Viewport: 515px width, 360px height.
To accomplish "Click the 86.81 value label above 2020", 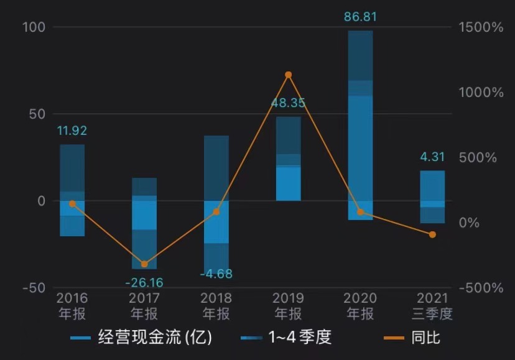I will (360, 17).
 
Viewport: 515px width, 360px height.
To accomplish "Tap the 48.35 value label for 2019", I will (288, 103).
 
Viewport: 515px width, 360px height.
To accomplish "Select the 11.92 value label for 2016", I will (72, 131).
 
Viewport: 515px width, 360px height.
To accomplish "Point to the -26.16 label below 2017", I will (144, 283).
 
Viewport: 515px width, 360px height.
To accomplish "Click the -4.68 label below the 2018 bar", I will (216, 274).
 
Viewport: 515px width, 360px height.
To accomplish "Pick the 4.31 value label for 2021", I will (432, 158).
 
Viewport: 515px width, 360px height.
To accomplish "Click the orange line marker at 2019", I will (288, 75).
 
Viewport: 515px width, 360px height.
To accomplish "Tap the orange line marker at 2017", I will (144, 264).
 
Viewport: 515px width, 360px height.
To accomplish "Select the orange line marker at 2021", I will (432, 234).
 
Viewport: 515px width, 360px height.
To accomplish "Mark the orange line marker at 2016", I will (72, 204).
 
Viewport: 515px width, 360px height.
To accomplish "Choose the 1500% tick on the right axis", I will (481, 27).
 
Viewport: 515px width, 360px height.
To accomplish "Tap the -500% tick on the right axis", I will (481, 288).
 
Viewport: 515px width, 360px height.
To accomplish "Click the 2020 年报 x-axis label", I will (360, 305).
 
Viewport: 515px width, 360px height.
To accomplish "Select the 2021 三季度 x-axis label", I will (432, 305).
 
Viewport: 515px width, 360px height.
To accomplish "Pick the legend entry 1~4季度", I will (287, 338).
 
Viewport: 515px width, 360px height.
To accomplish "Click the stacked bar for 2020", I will (360, 124).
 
